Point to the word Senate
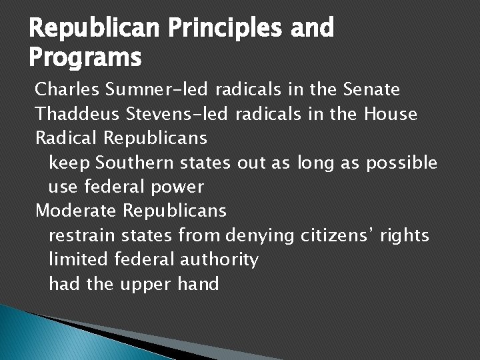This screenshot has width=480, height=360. coord(371,89)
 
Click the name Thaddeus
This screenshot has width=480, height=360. coord(77,114)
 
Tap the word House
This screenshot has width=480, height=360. coord(391,114)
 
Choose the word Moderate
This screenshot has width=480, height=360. coord(76,211)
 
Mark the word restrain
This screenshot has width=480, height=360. coord(81,236)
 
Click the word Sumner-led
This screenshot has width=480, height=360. coord(153,89)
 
